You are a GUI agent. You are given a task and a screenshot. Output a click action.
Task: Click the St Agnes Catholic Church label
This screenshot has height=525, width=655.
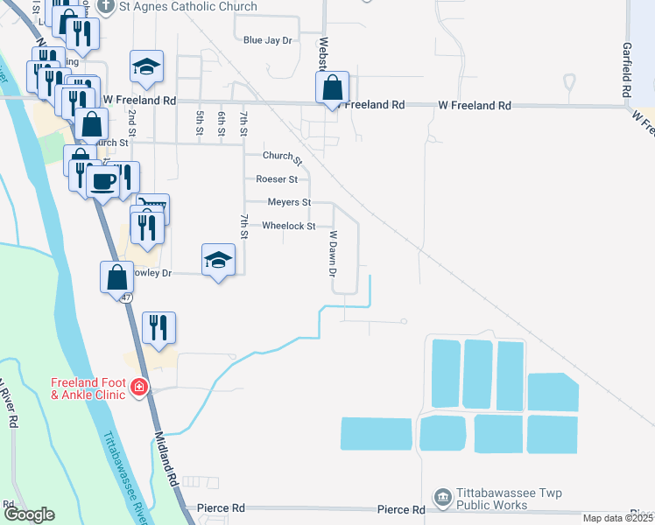(189, 7)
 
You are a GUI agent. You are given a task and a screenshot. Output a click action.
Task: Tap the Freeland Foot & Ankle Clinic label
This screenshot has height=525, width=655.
(88, 388)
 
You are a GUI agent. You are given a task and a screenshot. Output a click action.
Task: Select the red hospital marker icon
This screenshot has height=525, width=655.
(138, 386)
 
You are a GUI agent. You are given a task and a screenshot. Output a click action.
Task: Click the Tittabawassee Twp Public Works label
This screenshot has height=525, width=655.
(493, 499)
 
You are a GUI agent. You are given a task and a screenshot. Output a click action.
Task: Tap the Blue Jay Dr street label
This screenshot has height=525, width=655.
(267, 40)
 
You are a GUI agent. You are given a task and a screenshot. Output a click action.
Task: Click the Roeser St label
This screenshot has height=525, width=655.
(277, 179)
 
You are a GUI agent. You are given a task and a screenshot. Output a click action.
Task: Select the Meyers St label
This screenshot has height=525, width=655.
(289, 202)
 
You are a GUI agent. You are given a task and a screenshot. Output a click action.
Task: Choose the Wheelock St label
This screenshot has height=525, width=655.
(289, 226)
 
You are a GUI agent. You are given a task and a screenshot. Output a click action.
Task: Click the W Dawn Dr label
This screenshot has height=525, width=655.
(333, 254)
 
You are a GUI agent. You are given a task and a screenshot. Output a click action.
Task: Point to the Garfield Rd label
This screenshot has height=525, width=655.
(627, 70)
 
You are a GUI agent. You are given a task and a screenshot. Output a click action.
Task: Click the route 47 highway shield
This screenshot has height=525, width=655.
(127, 297)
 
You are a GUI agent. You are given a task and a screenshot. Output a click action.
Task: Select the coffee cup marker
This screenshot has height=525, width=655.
(104, 181)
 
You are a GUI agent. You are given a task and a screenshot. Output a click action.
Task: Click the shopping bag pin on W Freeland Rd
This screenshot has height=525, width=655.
(333, 88)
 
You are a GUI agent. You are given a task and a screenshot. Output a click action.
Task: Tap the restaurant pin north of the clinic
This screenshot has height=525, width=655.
(158, 328)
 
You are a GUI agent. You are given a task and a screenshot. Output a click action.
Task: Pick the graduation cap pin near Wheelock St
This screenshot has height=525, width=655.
(218, 259)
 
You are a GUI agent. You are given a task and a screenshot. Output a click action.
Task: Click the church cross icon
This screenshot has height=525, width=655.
(107, 7)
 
